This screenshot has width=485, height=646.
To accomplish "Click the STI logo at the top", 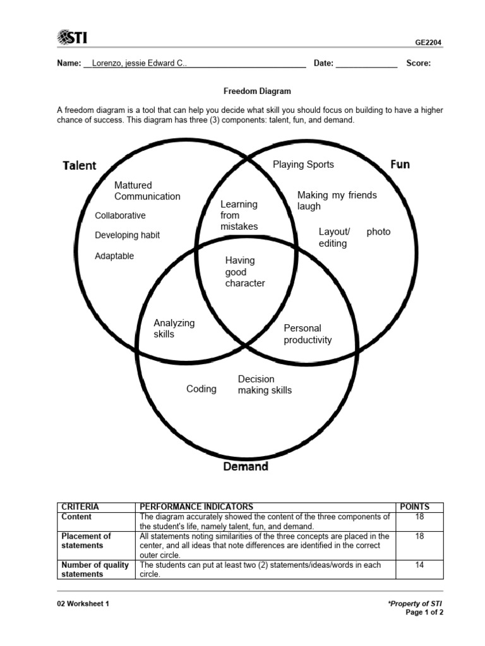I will coord(72,38).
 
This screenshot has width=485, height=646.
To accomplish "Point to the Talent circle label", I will coord(80,166).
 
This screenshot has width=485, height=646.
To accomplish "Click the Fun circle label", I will coord(400,165).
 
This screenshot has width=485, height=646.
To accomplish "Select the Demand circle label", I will coord(246,467).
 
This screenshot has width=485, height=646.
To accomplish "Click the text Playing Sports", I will coord(303,165).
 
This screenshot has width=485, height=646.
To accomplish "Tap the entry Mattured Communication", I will coord(147,191).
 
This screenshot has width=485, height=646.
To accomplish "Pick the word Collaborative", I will coord(120,216).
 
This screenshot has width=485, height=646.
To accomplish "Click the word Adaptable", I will coord(114,256).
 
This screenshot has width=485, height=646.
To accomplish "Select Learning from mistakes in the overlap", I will coord(239,215).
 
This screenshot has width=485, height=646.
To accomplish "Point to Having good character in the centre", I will coord(245,272).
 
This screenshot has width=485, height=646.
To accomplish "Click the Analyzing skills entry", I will coord(174,328).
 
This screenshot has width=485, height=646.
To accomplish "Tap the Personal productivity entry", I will coord(308,334).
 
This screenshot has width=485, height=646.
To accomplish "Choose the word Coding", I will coord(201,389).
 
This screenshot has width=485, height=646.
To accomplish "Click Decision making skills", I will coord(265,385).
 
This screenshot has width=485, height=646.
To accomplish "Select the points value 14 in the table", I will coord(419,565).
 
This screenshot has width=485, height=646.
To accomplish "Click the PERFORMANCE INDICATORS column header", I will coord(196,507).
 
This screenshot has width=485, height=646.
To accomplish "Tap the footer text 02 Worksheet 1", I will coord(83,604).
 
